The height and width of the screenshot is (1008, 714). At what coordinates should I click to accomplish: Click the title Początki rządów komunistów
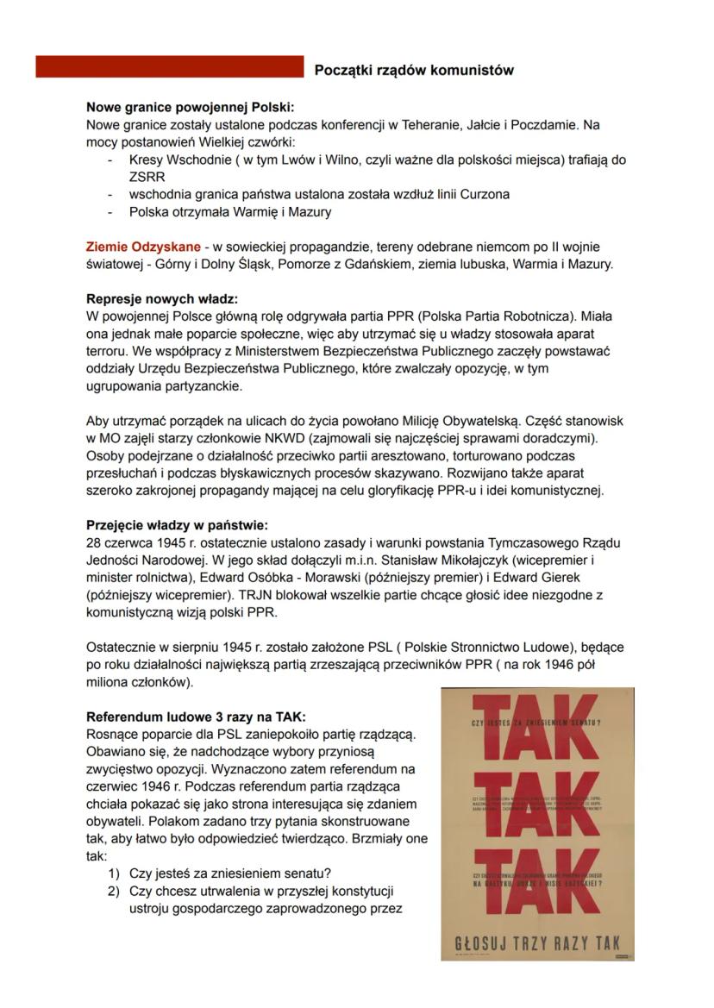tap(414, 70)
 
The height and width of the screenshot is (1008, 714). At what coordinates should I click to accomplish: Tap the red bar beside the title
tap(170, 67)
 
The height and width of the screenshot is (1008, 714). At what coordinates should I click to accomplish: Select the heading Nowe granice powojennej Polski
tap(190, 108)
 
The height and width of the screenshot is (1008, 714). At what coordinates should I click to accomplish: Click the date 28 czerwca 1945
tap(138, 542)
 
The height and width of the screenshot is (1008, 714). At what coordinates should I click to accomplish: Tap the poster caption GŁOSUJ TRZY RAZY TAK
tap(537, 943)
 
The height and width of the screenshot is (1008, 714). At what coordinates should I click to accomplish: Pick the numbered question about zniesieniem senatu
tap(230, 873)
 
